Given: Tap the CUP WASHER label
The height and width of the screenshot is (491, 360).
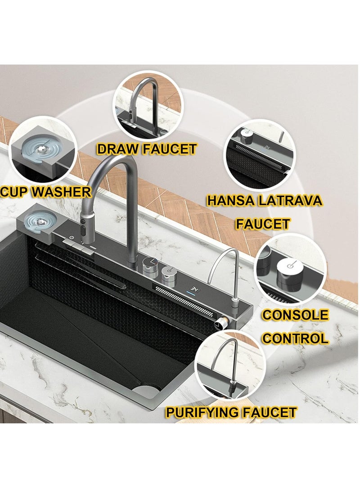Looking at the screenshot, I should tap(45, 192).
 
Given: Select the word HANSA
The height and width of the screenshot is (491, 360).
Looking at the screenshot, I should tap(232, 201).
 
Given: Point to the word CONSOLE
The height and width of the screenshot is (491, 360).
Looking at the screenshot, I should tap(295, 315).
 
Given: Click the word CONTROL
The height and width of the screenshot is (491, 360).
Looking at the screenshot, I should tap(295, 338).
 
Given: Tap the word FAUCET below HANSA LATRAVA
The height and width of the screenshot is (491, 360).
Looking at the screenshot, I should tap(263, 224).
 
